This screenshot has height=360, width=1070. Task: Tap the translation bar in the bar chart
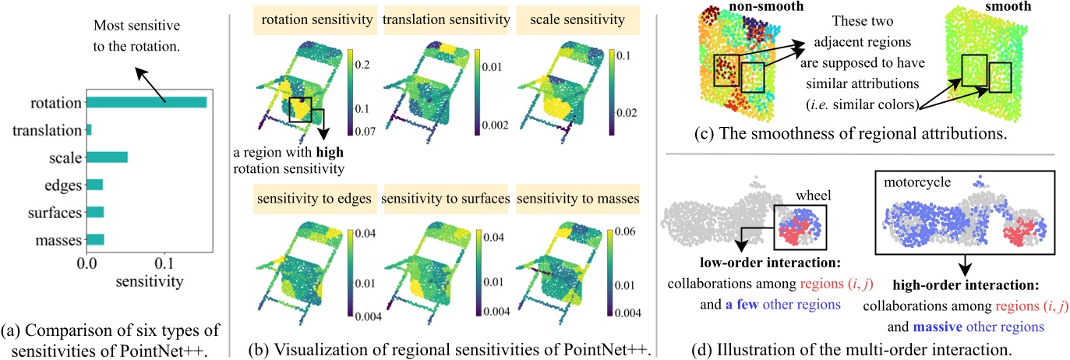tap(89, 130)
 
